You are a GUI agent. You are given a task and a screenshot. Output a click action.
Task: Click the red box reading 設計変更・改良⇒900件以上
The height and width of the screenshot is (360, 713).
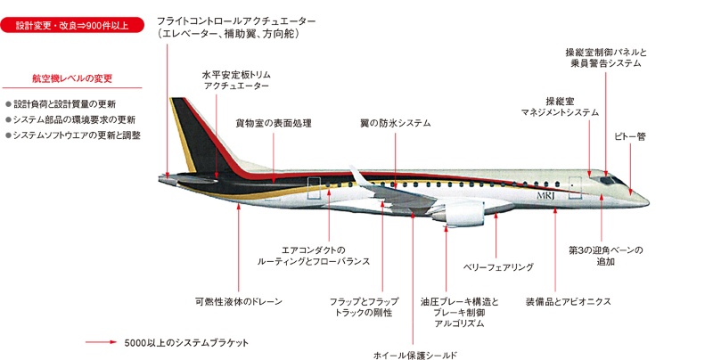pos(72,25)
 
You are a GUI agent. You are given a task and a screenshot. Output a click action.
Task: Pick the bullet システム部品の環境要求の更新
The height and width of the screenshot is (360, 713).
pos(70,119)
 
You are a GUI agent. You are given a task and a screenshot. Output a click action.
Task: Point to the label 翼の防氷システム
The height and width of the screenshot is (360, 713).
pos(395,122)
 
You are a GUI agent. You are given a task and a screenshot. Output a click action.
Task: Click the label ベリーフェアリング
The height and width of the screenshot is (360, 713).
pos(498,266)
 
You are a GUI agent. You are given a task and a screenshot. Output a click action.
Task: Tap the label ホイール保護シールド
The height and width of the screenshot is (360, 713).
pos(415,354)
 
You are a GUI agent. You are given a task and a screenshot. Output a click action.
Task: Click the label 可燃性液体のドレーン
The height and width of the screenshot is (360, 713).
pos(238,301)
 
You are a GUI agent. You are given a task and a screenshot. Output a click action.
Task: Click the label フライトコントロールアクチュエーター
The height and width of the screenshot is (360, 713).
pos(236,20)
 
